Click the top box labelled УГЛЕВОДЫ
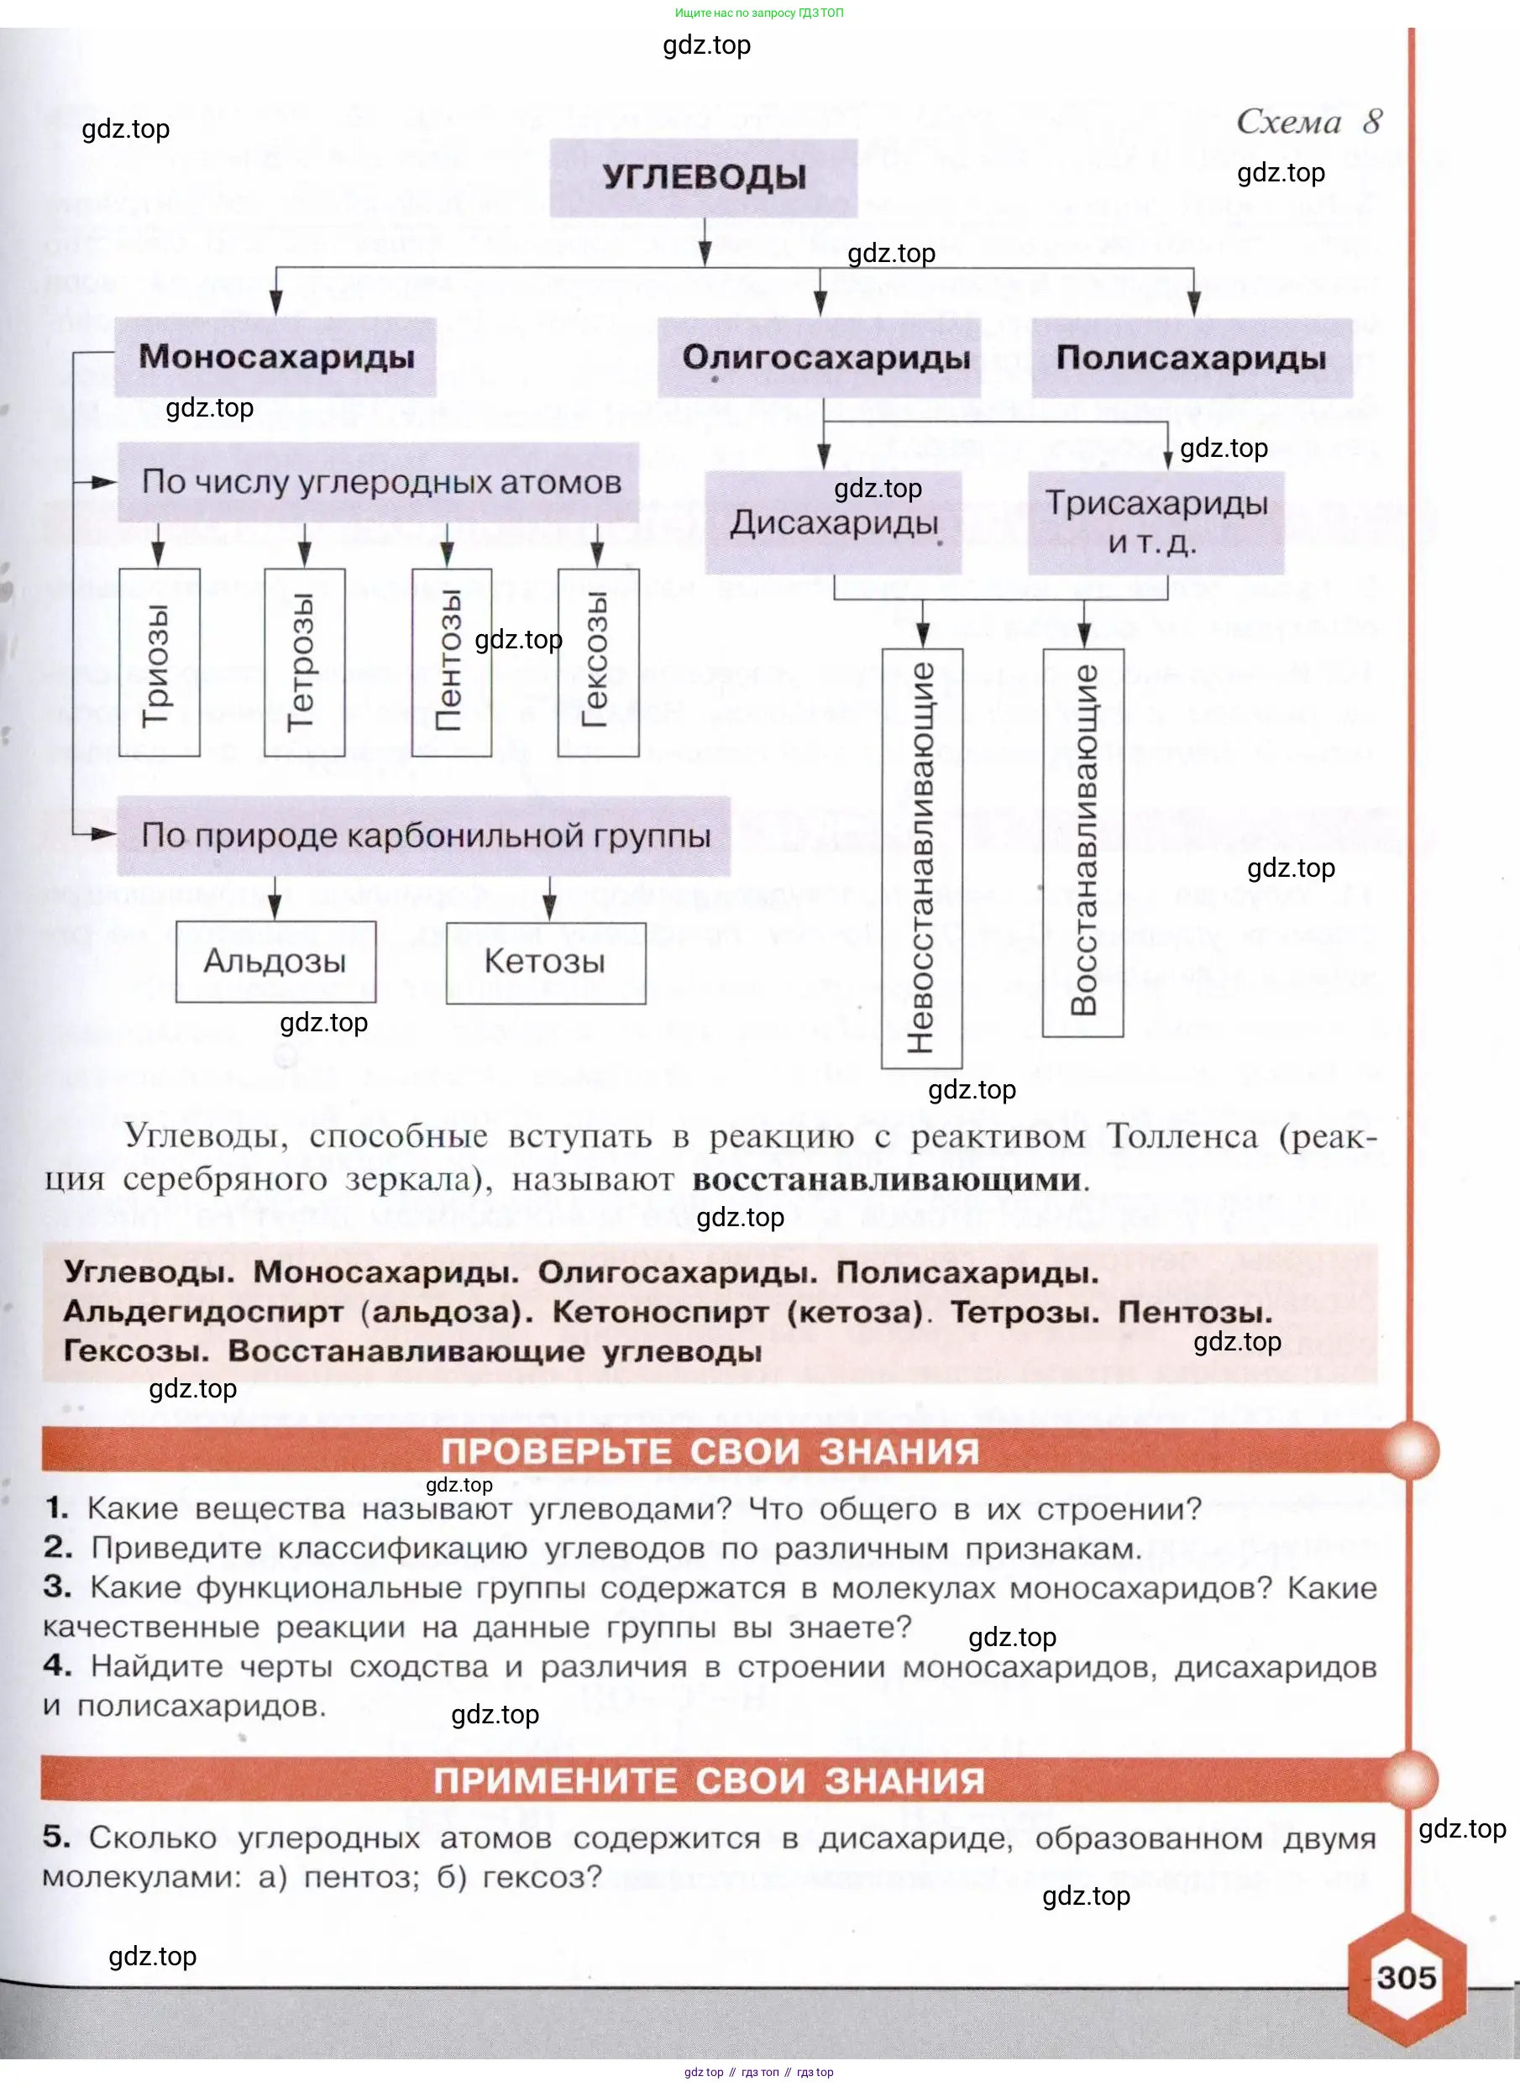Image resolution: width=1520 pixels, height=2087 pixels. coord(704,177)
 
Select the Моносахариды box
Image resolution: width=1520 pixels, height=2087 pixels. coord(275,357)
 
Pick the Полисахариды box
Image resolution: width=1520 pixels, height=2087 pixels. coord(1191,358)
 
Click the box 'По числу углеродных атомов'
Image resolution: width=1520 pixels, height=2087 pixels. coord(379,482)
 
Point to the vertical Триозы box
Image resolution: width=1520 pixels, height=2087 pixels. coord(160,663)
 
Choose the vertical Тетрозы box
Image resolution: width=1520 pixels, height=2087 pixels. coord(305,663)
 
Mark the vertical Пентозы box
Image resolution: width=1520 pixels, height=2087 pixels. coord(451,663)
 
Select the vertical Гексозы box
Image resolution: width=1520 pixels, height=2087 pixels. coord(598,663)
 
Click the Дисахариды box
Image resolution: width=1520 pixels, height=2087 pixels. coord(834,522)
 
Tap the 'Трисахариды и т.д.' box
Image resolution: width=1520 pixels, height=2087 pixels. coord(1155,522)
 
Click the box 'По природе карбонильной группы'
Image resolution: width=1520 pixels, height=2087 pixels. coord(424,836)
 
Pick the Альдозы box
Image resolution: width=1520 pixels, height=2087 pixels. coord(275,962)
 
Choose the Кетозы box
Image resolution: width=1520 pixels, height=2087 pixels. coord(546,962)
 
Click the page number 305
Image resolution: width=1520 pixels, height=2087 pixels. coord(1406,1979)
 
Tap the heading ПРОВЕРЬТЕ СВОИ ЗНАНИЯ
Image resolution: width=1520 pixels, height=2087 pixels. coord(710,1452)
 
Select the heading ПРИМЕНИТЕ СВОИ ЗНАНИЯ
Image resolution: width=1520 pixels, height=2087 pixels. coord(710,1781)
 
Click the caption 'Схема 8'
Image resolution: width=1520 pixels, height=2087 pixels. coord(1308,122)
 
